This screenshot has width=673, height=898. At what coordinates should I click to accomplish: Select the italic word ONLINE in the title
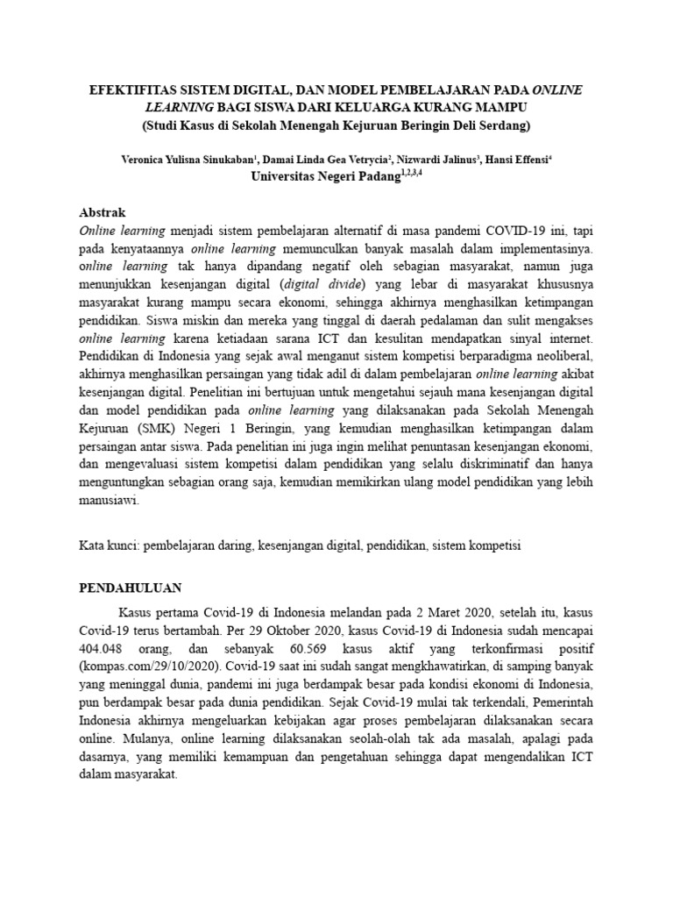pos(556,90)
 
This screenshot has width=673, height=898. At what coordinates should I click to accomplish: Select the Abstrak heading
pos(103,213)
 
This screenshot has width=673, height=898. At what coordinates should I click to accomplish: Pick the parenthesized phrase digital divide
pos(322,285)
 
